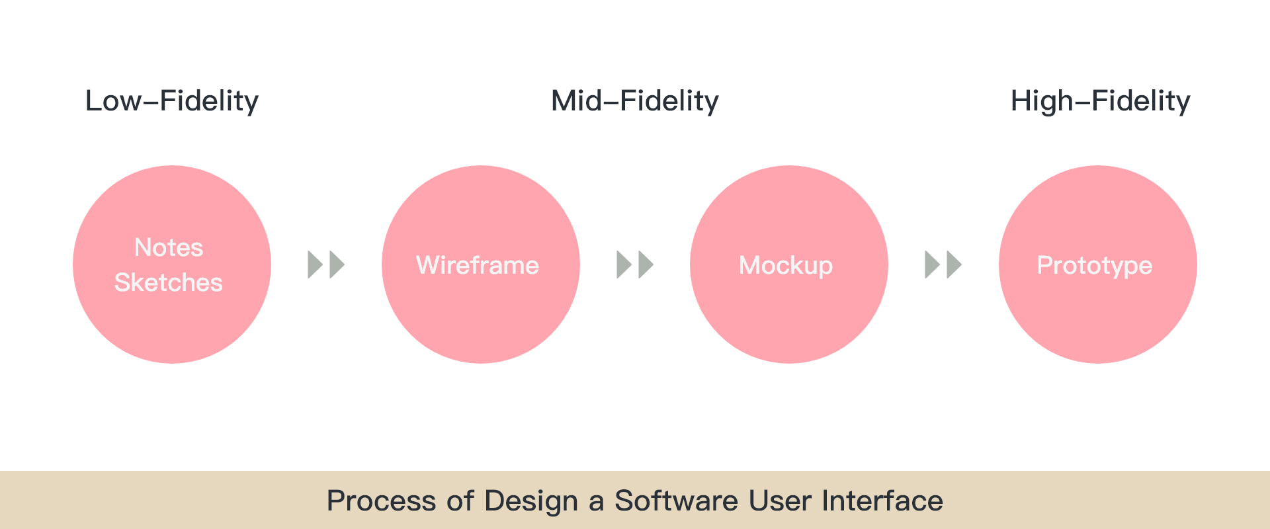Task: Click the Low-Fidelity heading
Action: [x=172, y=101]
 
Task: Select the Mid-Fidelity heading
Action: [x=635, y=101]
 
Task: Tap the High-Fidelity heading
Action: [x=1101, y=101]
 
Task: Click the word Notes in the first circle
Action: [x=169, y=247]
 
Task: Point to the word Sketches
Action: [x=169, y=282]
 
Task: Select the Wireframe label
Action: [x=478, y=265]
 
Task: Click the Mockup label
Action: [x=786, y=266]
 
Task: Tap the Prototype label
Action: [x=1095, y=266]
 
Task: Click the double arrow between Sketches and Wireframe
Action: [x=326, y=264]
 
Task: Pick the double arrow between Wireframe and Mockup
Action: [x=635, y=264]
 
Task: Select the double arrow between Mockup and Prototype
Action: [x=943, y=264]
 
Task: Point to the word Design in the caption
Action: [x=531, y=501]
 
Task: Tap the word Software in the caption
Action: [x=677, y=501]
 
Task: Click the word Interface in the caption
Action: [x=882, y=501]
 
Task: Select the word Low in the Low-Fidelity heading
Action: [x=114, y=101]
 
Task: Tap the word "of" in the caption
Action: [x=460, y=501]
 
